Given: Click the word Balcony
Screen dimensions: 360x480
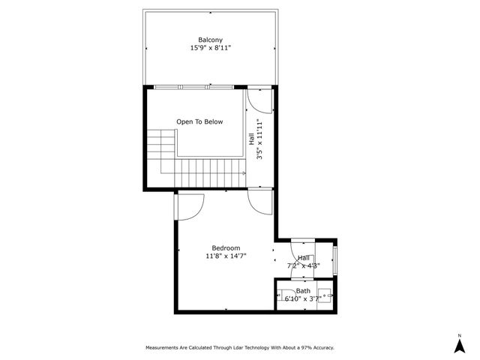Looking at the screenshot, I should (210, 40).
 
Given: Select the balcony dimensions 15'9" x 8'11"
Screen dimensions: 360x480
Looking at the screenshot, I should (210, 48).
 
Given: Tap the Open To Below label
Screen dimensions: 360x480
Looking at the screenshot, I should (199, 121).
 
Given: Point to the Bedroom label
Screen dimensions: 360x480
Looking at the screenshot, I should (226, 248).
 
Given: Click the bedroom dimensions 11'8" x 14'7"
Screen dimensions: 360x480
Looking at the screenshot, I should (226, 256).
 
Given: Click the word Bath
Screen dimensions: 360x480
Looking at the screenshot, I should (303, 291).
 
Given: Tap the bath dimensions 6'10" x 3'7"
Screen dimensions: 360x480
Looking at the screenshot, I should (303, 298).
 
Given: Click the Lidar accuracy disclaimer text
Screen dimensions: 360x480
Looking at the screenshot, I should (239, 347).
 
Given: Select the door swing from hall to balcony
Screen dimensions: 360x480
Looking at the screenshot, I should (257, 100).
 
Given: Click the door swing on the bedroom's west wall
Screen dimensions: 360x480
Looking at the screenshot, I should (189, 205).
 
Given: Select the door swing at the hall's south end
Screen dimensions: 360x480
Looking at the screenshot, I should (261, 200).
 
